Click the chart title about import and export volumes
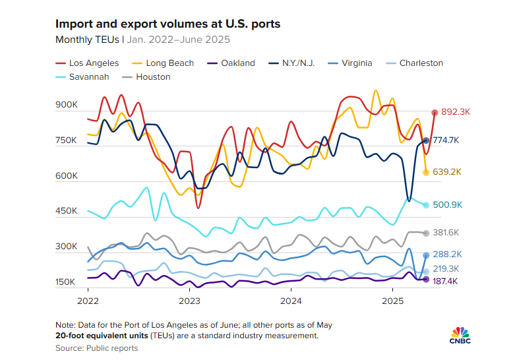pyautogui.click(x=168, y=24)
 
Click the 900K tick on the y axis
pyautogui.click(x=67, y=105)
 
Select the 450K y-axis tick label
pyautogui.click(x=67, y=212)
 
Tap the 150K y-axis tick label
pyautogui.click(x=67, y=282)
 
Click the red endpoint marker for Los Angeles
pyautogui.click(x=435, y=113)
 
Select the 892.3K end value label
pyautogui.click(x=455, y=113)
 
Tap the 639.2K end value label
pyautogui.click(x=446, y=172)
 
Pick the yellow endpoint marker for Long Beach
pyautogui.click(x=426, y=172)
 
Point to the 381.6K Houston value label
pyautogui.click(x=446, y=233)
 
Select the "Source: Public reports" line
pyautogui.click(x=96, y=348)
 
